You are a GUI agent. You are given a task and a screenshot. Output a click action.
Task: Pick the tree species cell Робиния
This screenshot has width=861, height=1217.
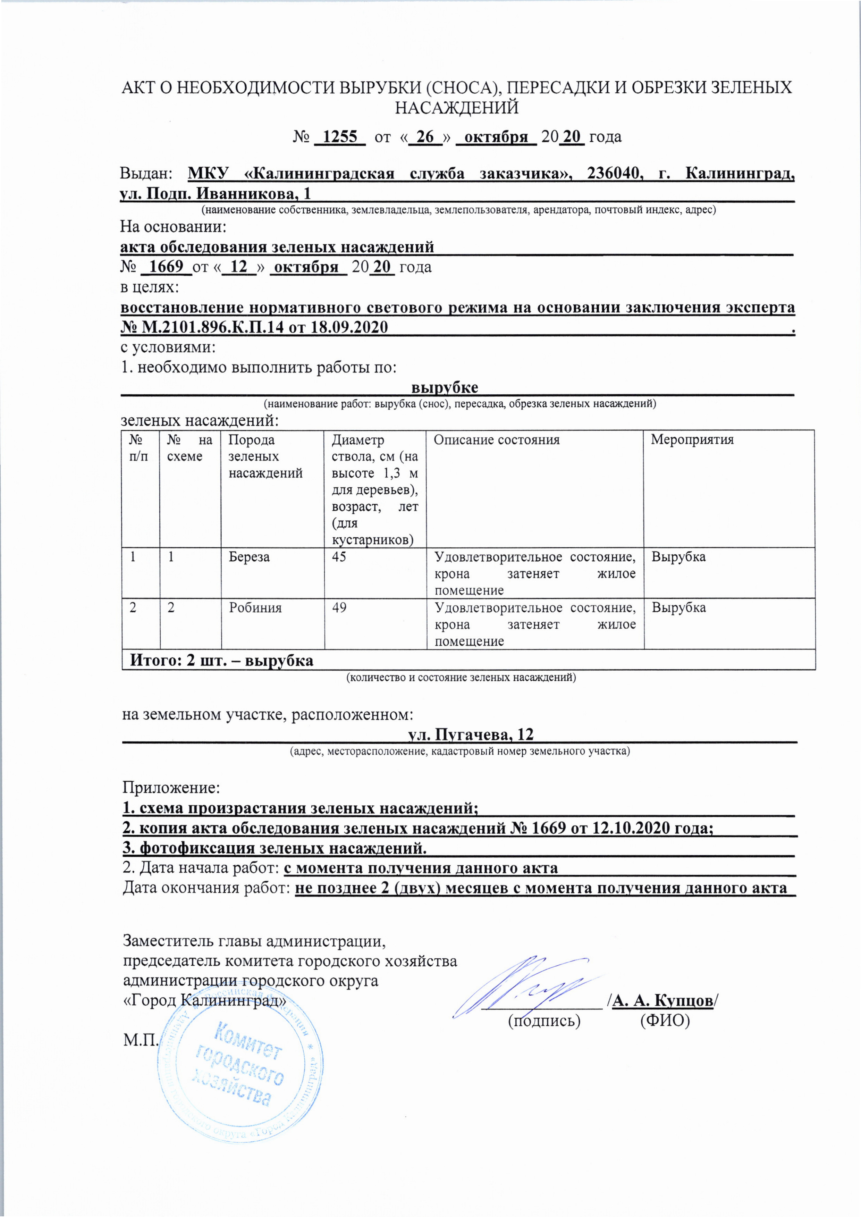255,608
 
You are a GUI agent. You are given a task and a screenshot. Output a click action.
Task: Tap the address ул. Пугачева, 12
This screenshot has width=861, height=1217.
470,734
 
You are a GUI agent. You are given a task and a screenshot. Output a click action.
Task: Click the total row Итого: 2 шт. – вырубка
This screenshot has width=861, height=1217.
222,661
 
